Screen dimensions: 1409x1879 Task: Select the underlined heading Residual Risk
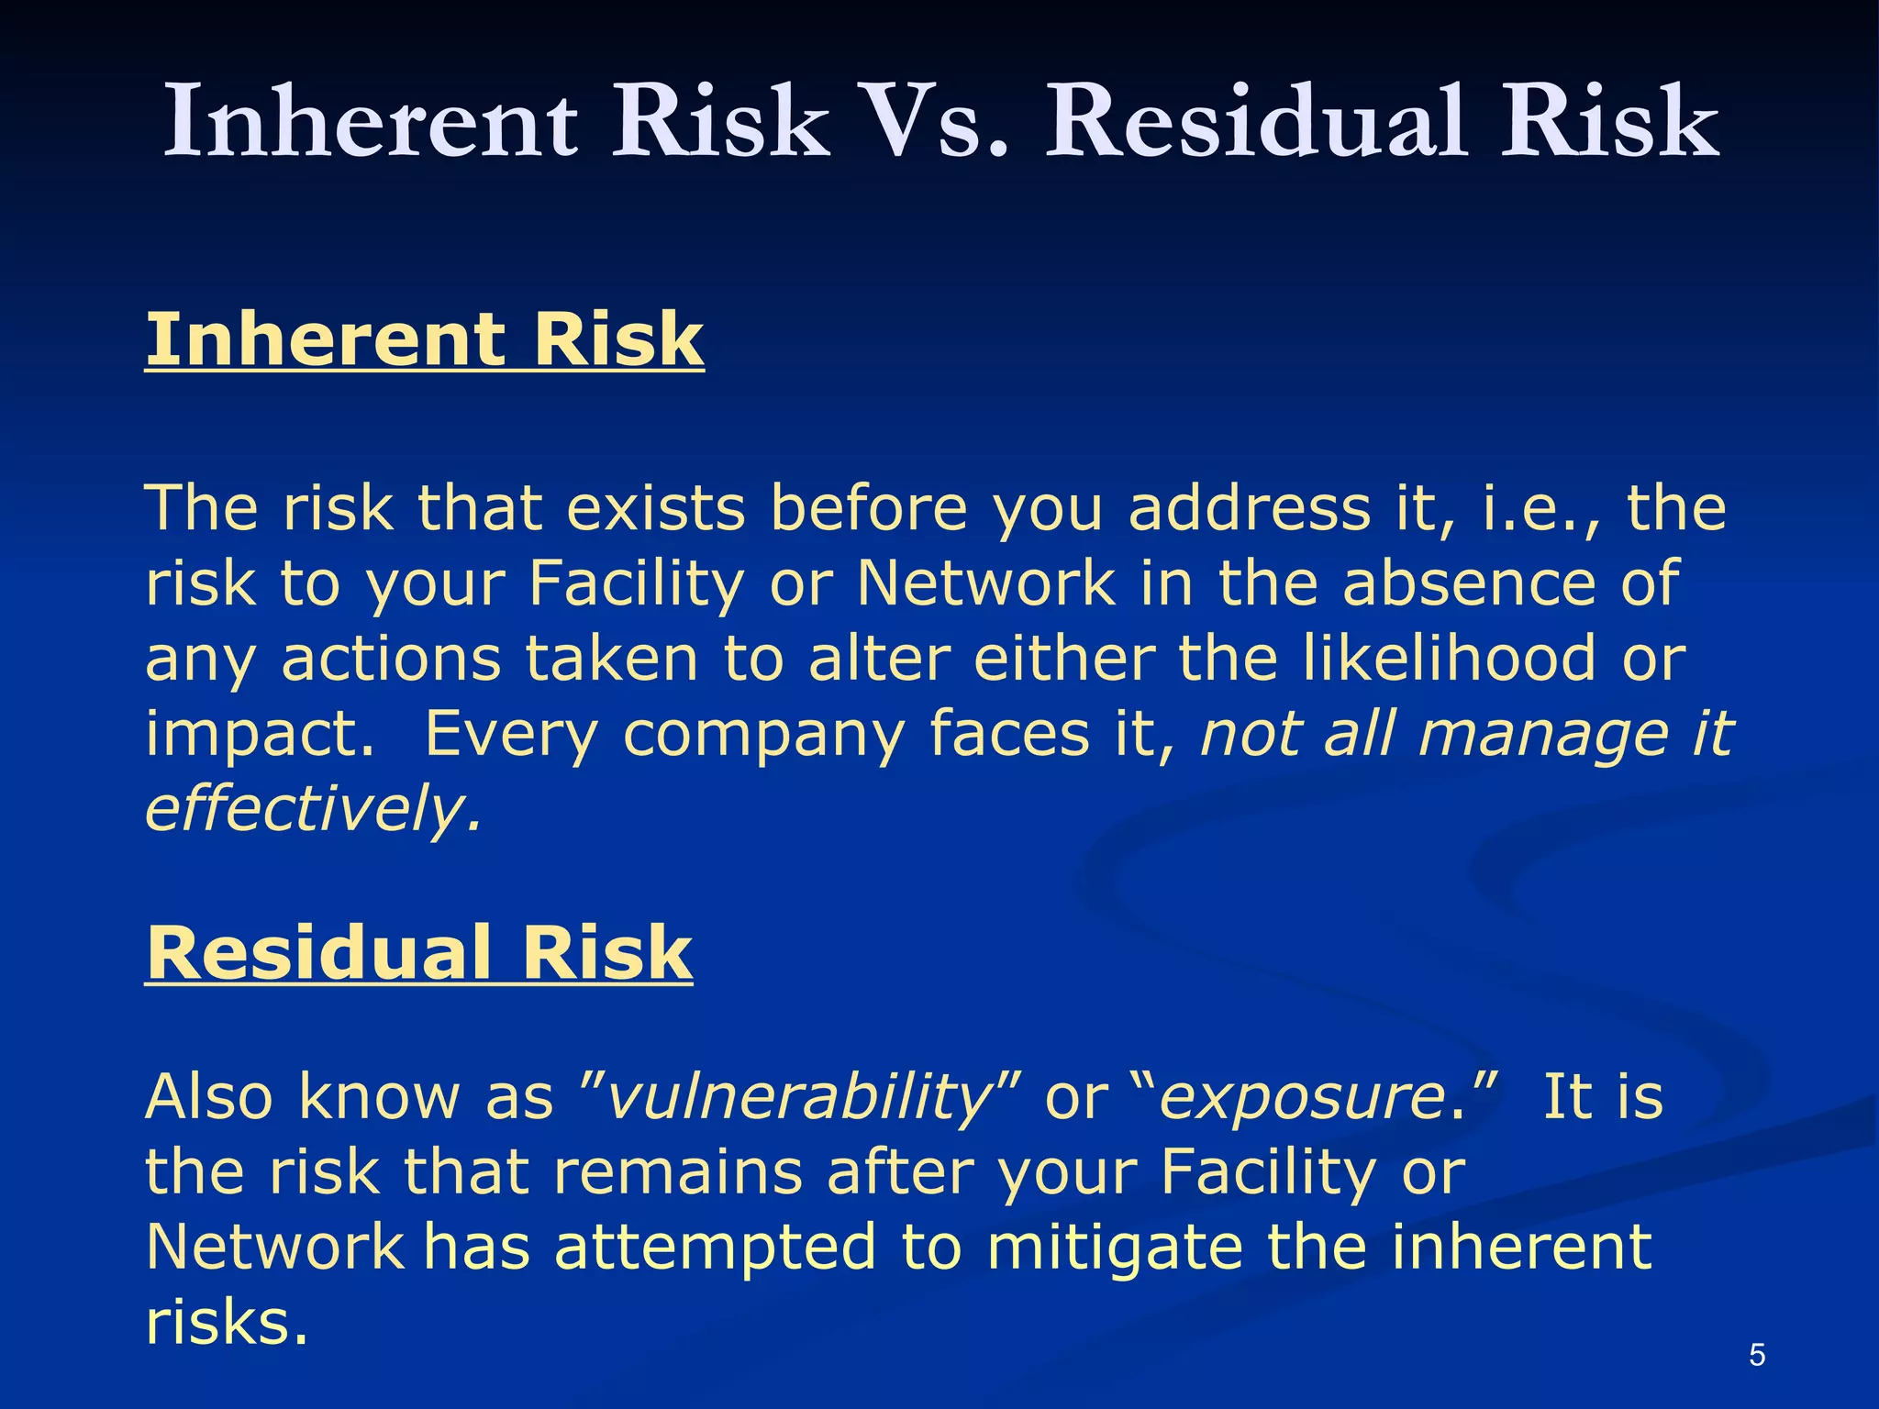coord(418,953)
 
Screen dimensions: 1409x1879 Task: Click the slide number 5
coord(1756,1354)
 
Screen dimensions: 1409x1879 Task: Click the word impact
coord(260,734)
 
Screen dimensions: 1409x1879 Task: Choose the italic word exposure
coord(1302,1097)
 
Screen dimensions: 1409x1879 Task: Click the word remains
coord(678,1171)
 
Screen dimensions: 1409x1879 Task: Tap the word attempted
coord(715,1248)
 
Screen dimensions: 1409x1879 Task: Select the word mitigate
coord(1115,1248)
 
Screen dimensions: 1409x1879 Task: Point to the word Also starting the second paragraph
coord(209,1096)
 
